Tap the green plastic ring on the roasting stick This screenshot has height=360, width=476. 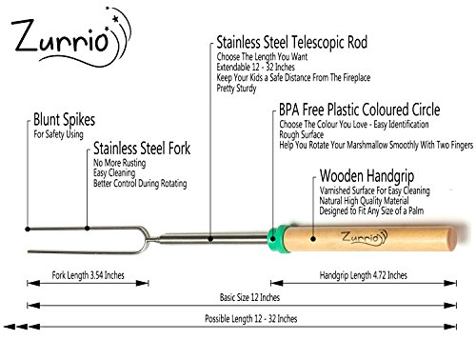[275, 238]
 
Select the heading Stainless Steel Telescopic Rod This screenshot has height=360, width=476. [292, 42]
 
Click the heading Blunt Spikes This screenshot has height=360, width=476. [65, 120]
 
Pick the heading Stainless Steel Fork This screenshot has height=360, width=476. [142, 149]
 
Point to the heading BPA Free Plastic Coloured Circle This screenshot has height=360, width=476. [360, 110]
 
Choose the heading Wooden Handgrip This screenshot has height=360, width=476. [367, 176]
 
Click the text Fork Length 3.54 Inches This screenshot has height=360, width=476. [88, 275]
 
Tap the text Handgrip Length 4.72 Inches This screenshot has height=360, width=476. [363, 275]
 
